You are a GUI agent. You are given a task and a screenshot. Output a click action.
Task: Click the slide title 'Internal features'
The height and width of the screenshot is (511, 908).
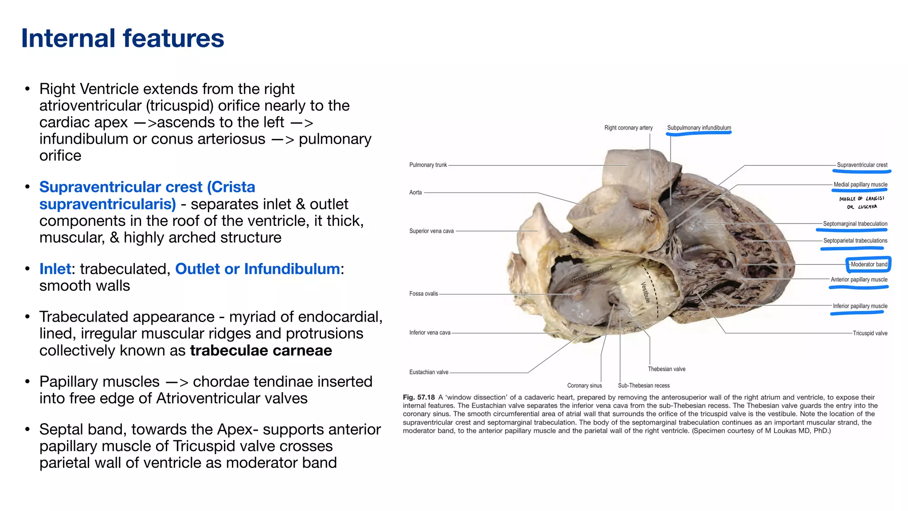tap(122, 38)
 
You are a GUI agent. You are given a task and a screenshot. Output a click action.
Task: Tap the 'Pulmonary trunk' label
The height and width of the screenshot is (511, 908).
tap(428, 165)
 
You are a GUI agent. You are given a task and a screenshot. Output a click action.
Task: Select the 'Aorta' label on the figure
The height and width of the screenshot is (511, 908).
tap(415, 193)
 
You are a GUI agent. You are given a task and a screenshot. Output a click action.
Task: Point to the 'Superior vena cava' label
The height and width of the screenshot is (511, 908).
tap(431, 231)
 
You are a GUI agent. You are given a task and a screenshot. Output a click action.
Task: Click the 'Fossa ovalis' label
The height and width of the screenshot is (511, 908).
tap(423, 294)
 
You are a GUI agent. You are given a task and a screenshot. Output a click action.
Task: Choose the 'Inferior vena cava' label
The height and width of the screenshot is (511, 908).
tap(430, 333)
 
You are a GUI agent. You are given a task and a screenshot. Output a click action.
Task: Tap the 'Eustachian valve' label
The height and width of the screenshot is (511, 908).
tap(429, 372)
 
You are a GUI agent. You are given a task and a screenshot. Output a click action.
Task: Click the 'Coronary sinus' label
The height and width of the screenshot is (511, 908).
tap(584, 385)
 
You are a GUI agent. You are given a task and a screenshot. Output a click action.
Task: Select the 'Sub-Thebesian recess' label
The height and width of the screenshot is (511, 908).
tap(644, 385)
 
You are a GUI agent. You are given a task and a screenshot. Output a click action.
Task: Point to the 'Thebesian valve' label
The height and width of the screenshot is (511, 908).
tap(666, 369)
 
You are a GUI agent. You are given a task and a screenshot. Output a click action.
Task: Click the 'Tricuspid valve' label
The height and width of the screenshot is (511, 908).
tap(870, 333)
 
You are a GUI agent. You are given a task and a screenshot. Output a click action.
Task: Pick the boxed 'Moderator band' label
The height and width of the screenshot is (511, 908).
tap(869, 264)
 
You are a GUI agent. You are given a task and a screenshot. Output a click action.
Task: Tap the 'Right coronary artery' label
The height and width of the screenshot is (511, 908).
tap(628, 128)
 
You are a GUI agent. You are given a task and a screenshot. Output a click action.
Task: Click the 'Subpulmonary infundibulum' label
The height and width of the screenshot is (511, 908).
tap(699, 128)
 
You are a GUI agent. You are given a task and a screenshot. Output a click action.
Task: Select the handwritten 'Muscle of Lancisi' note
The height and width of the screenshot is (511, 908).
tap(861, 202)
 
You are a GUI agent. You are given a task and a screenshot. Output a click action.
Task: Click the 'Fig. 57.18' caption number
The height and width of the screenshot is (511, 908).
tap(419, 397)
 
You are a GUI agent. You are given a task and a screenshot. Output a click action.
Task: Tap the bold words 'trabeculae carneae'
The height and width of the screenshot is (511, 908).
tap(261, 350)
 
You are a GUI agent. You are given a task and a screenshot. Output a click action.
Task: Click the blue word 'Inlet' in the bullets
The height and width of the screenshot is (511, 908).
tap(55, 269)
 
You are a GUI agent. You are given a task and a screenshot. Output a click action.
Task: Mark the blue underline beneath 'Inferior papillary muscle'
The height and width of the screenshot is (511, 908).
tap(857, 313)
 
